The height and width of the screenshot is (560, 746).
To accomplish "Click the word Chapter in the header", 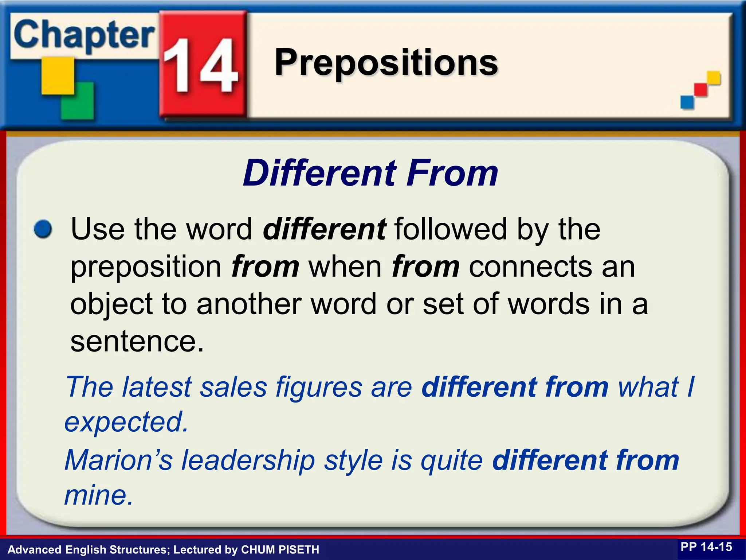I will [84, 36].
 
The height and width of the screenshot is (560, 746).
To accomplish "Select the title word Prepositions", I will [386, 63].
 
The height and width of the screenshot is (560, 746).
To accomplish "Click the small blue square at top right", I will [687, 101].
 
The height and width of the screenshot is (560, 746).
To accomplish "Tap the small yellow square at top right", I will [714, 78].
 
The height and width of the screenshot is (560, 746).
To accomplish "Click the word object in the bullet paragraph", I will [111, 305].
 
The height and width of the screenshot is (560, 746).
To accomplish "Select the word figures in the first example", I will [319, 387].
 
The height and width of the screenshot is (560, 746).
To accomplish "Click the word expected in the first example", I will [126, 422].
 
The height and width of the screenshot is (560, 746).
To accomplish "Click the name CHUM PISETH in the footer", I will [280, 549].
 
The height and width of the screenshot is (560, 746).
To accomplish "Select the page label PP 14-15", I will [706, 547].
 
